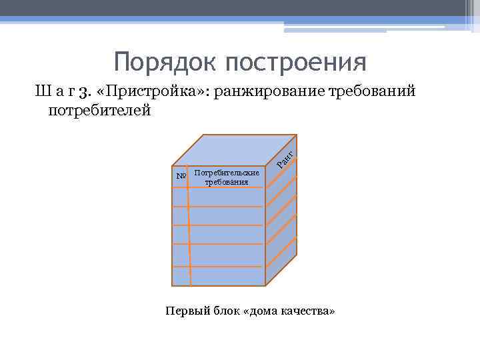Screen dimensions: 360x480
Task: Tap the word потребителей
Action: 100,110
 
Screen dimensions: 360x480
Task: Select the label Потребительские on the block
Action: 227,173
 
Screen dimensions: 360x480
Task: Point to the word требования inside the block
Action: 227,181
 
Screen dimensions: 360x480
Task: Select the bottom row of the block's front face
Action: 220,277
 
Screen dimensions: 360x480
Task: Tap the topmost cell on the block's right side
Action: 281,180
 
